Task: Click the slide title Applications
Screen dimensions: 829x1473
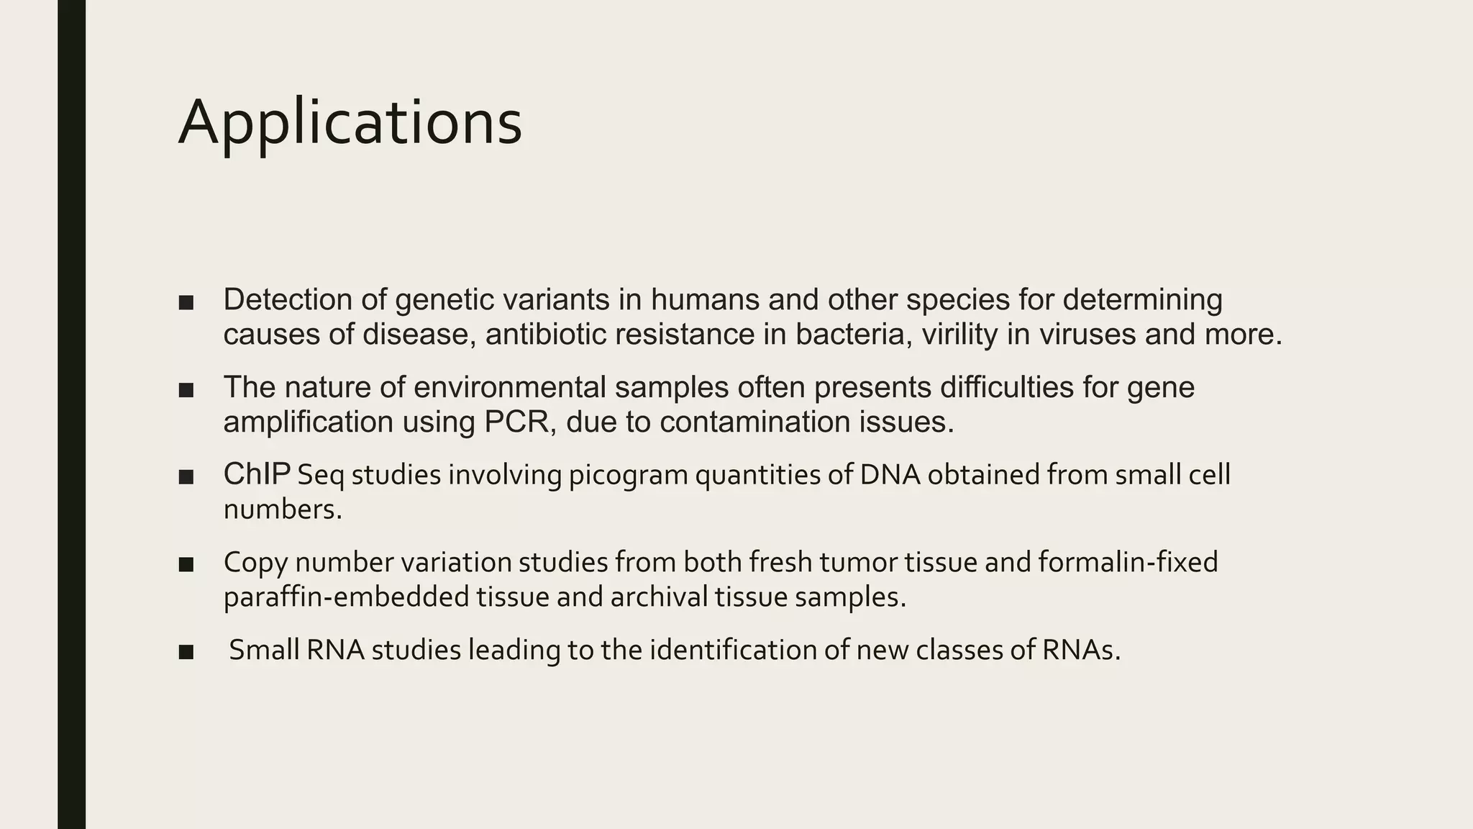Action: (x=350, y=122)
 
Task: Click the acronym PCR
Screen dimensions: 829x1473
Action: (x=516, y=422)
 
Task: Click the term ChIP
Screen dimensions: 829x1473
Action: (x=257, y=474)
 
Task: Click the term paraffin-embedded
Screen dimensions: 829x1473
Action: (x=346, y=597)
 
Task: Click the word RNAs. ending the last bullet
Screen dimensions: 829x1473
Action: (x=1081, y=650)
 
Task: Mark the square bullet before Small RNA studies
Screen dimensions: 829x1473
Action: (x=186, y=652)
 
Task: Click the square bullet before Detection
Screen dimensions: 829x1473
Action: (x=186, y=302)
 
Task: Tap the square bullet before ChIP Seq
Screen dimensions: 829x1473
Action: (x=186, y=477)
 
